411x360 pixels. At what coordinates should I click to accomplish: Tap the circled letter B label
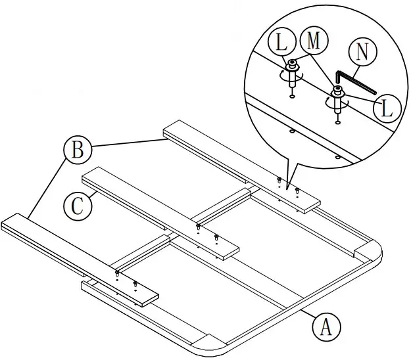(x=77, y=150)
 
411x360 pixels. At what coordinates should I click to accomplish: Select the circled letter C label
(x=77, y=206)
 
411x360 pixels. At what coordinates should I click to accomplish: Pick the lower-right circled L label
(x=387, y=108)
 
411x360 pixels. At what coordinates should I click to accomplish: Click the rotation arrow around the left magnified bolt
(x=289, y=77)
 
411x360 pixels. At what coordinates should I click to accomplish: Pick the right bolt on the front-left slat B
(x=135, y=284)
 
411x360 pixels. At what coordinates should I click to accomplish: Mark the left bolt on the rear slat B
(x=279, y=180)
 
